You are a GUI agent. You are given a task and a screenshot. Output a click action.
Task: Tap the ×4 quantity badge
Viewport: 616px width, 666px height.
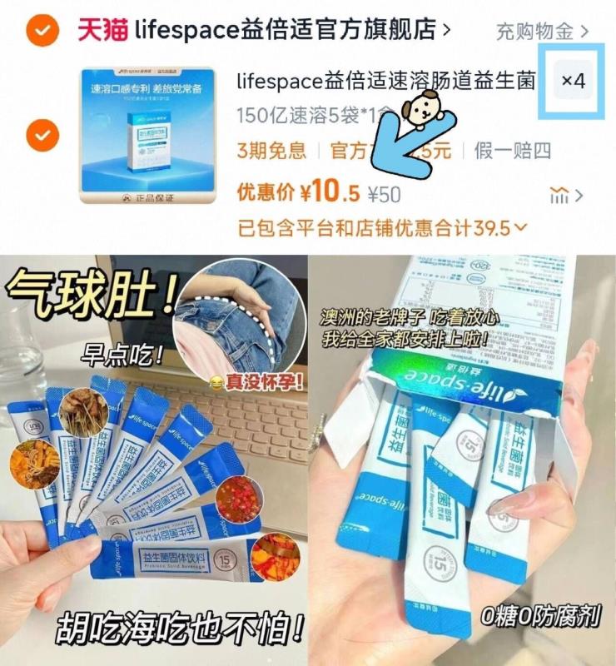(x=574, y=82)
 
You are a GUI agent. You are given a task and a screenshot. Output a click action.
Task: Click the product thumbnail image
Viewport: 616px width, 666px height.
(x=147, y=136)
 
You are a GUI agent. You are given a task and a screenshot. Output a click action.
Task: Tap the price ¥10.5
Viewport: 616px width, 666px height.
(x=330, y=194)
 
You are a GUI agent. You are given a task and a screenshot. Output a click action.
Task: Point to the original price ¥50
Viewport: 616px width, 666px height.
(x=384, y=195)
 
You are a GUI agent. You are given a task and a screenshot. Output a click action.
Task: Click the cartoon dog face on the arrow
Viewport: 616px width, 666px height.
(x=419, y=106)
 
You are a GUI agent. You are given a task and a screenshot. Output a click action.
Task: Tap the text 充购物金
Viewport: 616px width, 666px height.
(x=534, y=32)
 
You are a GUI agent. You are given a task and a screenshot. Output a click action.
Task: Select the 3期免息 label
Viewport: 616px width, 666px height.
(x=271, y=151)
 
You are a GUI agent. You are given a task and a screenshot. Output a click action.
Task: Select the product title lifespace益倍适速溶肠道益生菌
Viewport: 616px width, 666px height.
(x=385, y=81)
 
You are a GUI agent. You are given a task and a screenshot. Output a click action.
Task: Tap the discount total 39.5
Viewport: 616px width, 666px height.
(x=493, y=226)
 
